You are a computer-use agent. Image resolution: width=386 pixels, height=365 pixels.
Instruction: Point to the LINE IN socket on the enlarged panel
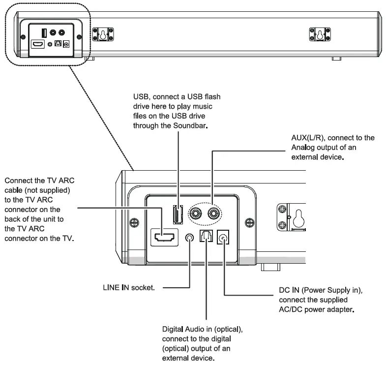coord(190,238)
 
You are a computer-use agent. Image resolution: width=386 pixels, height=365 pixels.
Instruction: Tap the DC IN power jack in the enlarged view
coord(224,238)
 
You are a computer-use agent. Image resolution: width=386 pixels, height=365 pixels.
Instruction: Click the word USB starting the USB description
coord(141,97)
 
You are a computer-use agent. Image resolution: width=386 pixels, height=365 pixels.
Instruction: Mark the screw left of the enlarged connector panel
coord(133,222)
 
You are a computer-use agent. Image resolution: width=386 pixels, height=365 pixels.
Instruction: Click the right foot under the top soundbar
coord(336,59)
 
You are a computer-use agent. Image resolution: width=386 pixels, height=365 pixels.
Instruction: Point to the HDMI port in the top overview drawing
coord(37,44)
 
